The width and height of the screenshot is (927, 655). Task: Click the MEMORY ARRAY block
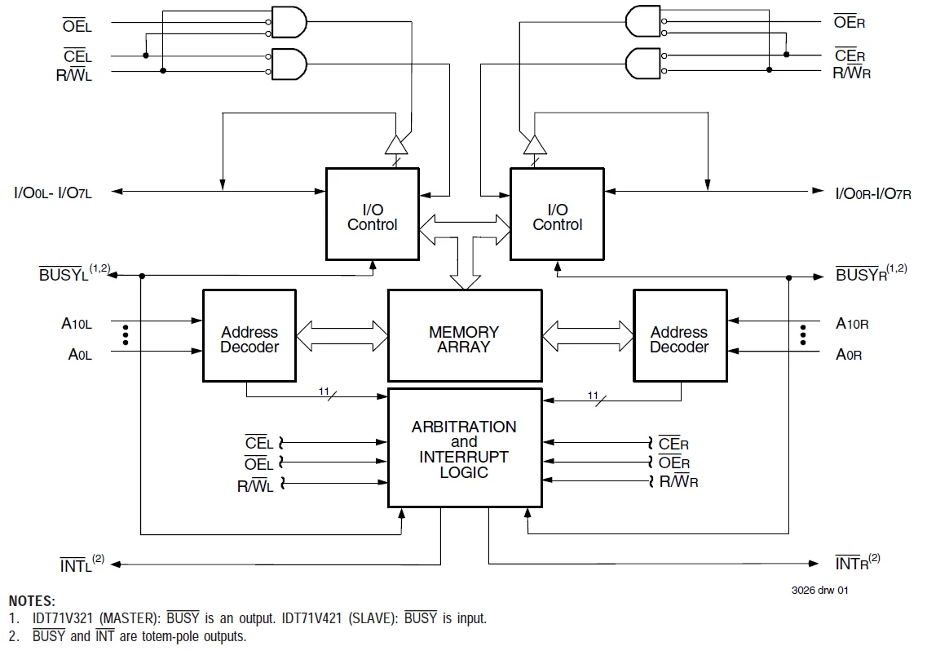465,335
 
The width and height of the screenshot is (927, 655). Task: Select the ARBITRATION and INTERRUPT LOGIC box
465,448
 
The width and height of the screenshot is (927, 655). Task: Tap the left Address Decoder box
249,335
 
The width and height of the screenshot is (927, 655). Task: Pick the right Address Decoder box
680,335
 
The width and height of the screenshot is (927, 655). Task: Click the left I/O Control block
373,215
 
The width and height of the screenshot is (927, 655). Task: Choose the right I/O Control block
557,215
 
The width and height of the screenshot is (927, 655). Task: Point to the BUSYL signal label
74,273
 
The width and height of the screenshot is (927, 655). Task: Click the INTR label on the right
857,562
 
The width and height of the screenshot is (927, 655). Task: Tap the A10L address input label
77,324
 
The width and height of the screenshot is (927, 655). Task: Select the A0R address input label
849,355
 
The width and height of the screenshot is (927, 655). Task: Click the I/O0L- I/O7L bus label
53,193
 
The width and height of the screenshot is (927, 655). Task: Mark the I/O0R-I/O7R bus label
873,193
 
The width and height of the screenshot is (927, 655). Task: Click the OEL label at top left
77,26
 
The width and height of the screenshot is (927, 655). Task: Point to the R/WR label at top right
852,73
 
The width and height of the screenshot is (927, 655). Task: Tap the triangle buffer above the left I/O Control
396,145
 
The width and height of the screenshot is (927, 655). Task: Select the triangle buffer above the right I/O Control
535,145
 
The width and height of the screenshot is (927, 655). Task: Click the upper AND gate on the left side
289,23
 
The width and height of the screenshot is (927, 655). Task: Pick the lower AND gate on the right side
643,64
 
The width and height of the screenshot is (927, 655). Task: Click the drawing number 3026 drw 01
820,590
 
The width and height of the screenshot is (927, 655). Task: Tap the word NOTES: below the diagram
32,601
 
